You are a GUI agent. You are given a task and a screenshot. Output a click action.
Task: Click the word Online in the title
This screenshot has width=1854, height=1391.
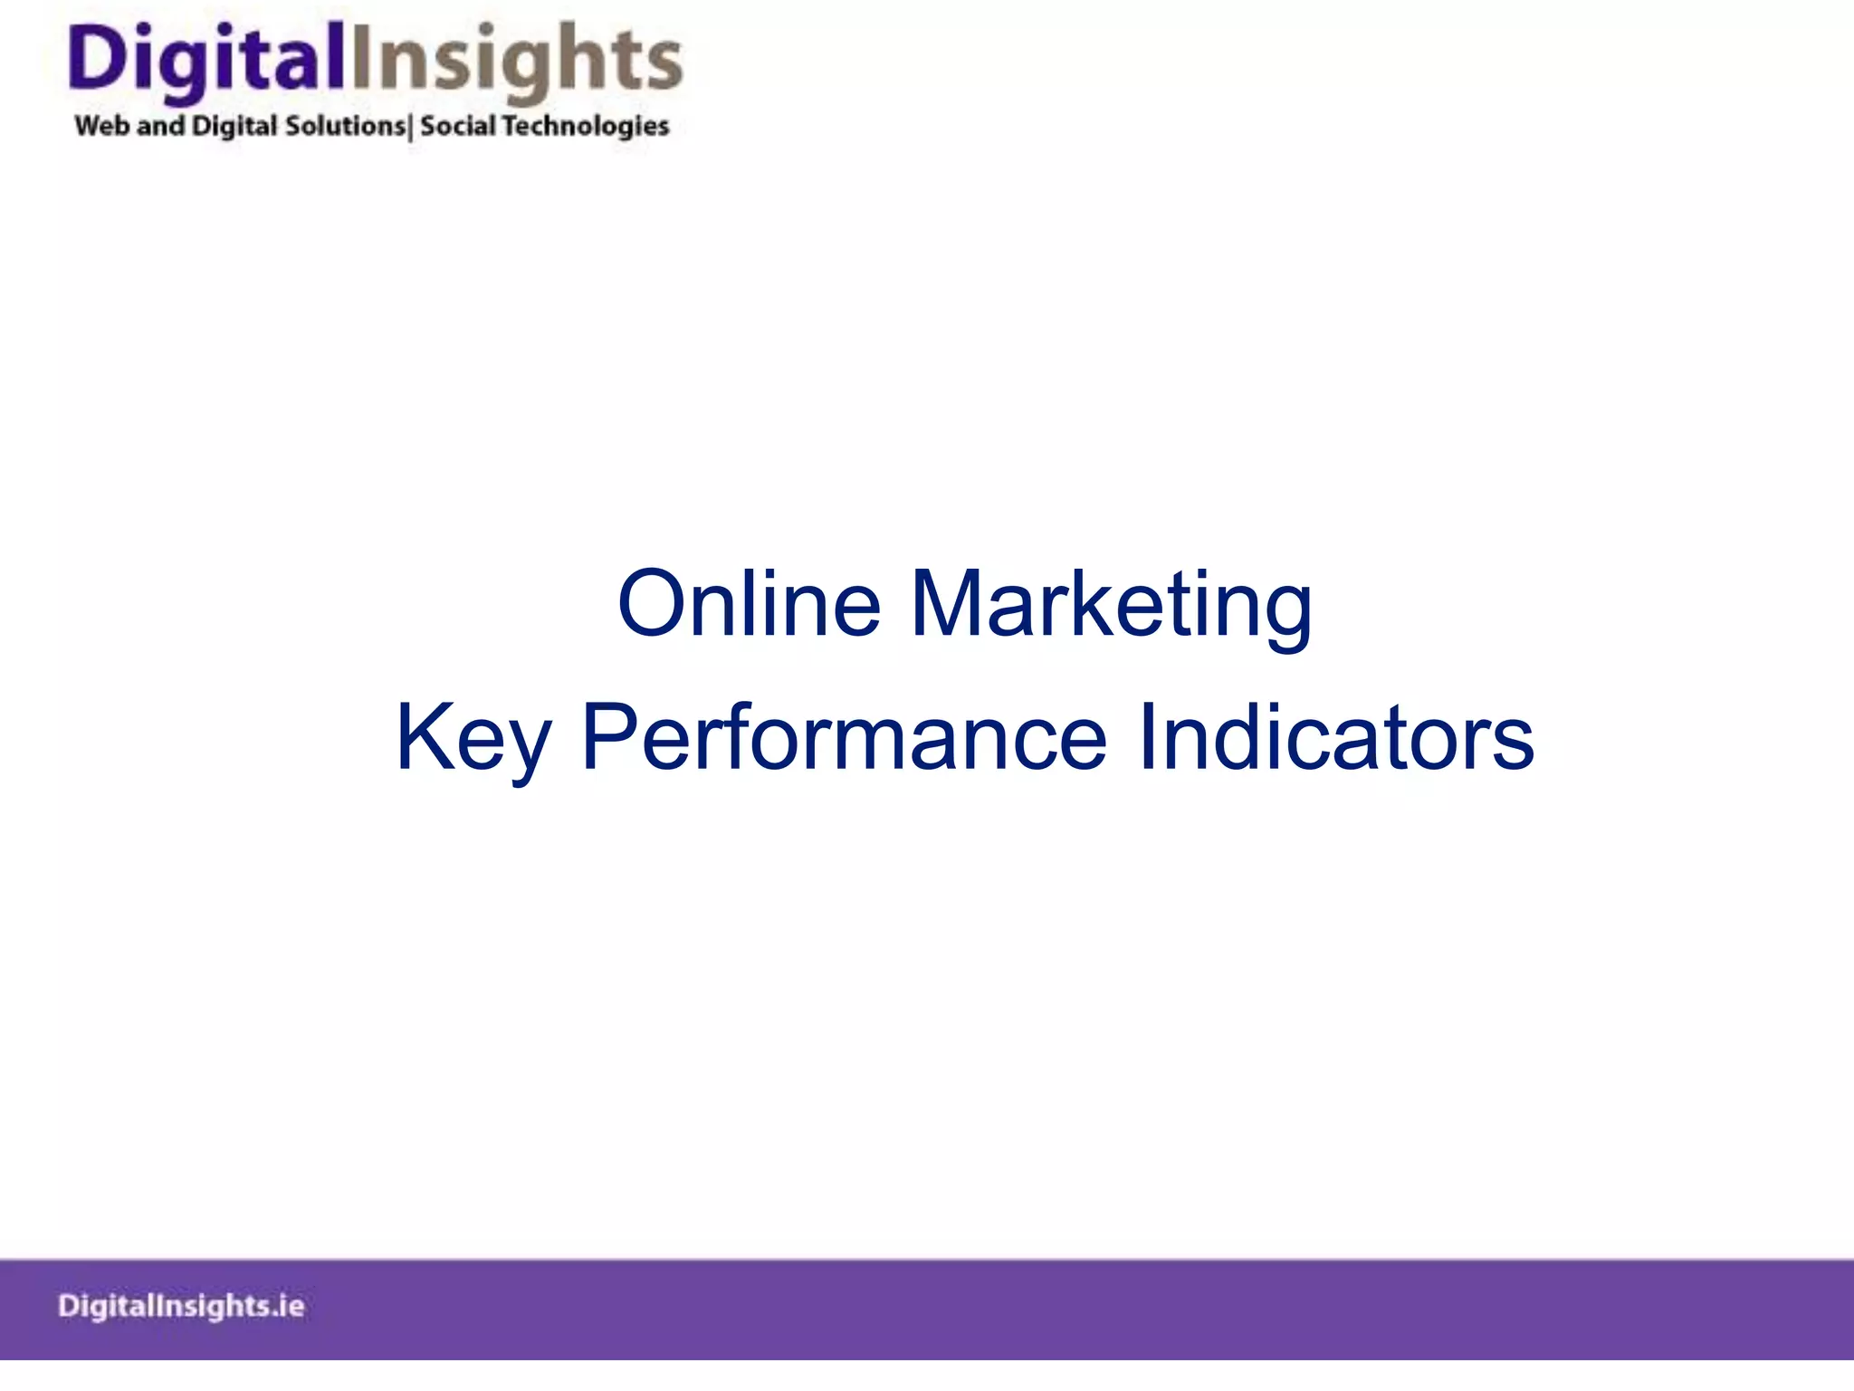748,604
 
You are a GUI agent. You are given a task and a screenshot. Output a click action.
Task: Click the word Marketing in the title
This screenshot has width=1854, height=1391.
1111,604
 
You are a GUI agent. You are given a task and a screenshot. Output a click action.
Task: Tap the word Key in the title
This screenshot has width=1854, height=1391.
473,737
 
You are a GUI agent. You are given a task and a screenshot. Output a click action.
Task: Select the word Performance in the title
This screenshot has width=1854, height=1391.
843,737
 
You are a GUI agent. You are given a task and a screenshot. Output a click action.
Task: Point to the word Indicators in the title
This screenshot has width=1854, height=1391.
1335,737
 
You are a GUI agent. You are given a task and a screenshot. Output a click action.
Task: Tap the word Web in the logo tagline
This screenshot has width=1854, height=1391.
102,126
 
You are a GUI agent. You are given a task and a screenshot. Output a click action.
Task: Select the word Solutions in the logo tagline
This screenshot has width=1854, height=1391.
345,126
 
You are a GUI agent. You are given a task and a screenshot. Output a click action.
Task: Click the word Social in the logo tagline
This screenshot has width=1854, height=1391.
457,126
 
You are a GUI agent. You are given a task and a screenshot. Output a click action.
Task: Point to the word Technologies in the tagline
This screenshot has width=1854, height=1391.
585,126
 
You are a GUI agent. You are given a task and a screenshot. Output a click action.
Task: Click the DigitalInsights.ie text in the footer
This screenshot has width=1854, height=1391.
181,1306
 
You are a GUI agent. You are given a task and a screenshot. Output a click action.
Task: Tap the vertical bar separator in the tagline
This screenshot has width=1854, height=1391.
411,128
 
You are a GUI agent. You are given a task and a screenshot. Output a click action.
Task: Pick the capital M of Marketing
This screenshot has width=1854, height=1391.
945,604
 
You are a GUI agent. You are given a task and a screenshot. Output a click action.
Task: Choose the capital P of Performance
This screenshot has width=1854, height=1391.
607,737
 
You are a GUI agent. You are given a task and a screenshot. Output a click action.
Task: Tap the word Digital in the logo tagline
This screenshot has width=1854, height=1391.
234,126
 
